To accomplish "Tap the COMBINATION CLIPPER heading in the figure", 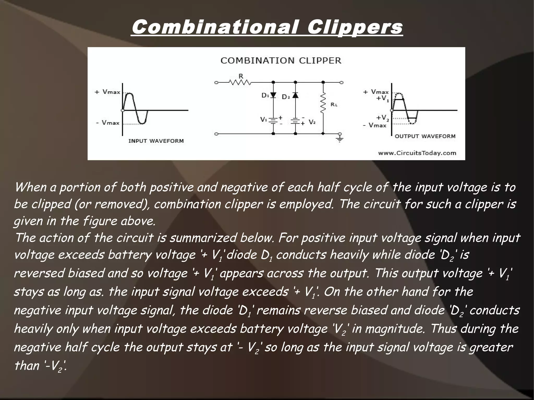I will pos(281,60).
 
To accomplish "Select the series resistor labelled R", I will pos(240,83).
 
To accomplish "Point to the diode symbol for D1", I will pos(273,95).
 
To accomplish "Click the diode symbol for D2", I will pos(295,95).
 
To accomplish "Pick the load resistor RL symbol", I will pos(323,103).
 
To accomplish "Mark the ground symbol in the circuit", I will pos(340,138).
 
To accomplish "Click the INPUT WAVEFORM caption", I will pos(156,141).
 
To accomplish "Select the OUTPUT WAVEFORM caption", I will pos(425,136).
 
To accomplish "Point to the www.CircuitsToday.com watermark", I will pos(417,153).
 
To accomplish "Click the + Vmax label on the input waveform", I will pos(107,92).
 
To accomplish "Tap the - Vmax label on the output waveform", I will pos(374,125).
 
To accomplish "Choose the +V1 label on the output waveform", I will pos(382,98).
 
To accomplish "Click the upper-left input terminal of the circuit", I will pos(216,83).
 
